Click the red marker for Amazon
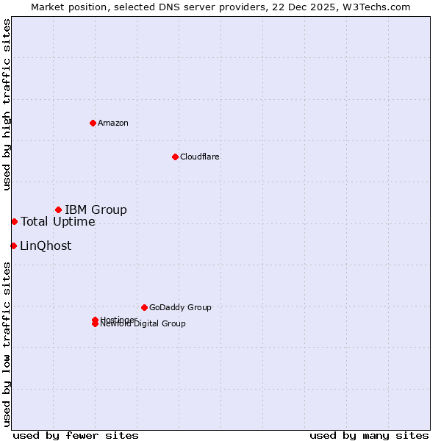(93, 123)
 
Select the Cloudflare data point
(175, 157)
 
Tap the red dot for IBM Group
(58, 210)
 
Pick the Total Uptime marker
(14, 221)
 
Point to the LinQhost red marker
(13, 245)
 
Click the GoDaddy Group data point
(144, 307)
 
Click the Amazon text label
(112, 123)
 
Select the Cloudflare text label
(199, 157)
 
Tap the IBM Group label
(96, 210)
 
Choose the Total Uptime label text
(57, 222)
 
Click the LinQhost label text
(46, 246)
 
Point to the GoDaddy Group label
(180, 307)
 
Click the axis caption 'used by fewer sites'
(76, 435)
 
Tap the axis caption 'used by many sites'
(369, 435)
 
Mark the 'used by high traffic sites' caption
(7, 104)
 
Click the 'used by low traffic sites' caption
(7, 343)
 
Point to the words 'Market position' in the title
(65, 7)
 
